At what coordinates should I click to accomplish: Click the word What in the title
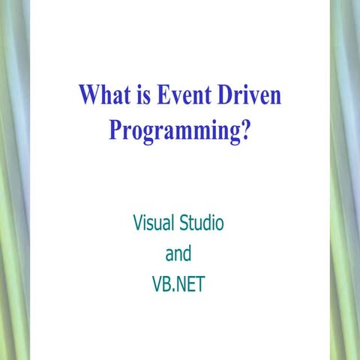tap(103, 97)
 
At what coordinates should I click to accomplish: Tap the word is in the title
tap(141, 97)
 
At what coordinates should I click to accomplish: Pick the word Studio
tap(202, 223)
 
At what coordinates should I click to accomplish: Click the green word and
tap(178, 254)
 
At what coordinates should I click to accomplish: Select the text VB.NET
tap(178, 285)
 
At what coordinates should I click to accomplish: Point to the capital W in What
tap(88, 97)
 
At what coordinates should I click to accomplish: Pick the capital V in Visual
tap(138, 223)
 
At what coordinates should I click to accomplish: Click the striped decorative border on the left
tap(14, 180)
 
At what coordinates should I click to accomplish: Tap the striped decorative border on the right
tap(345, 180)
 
